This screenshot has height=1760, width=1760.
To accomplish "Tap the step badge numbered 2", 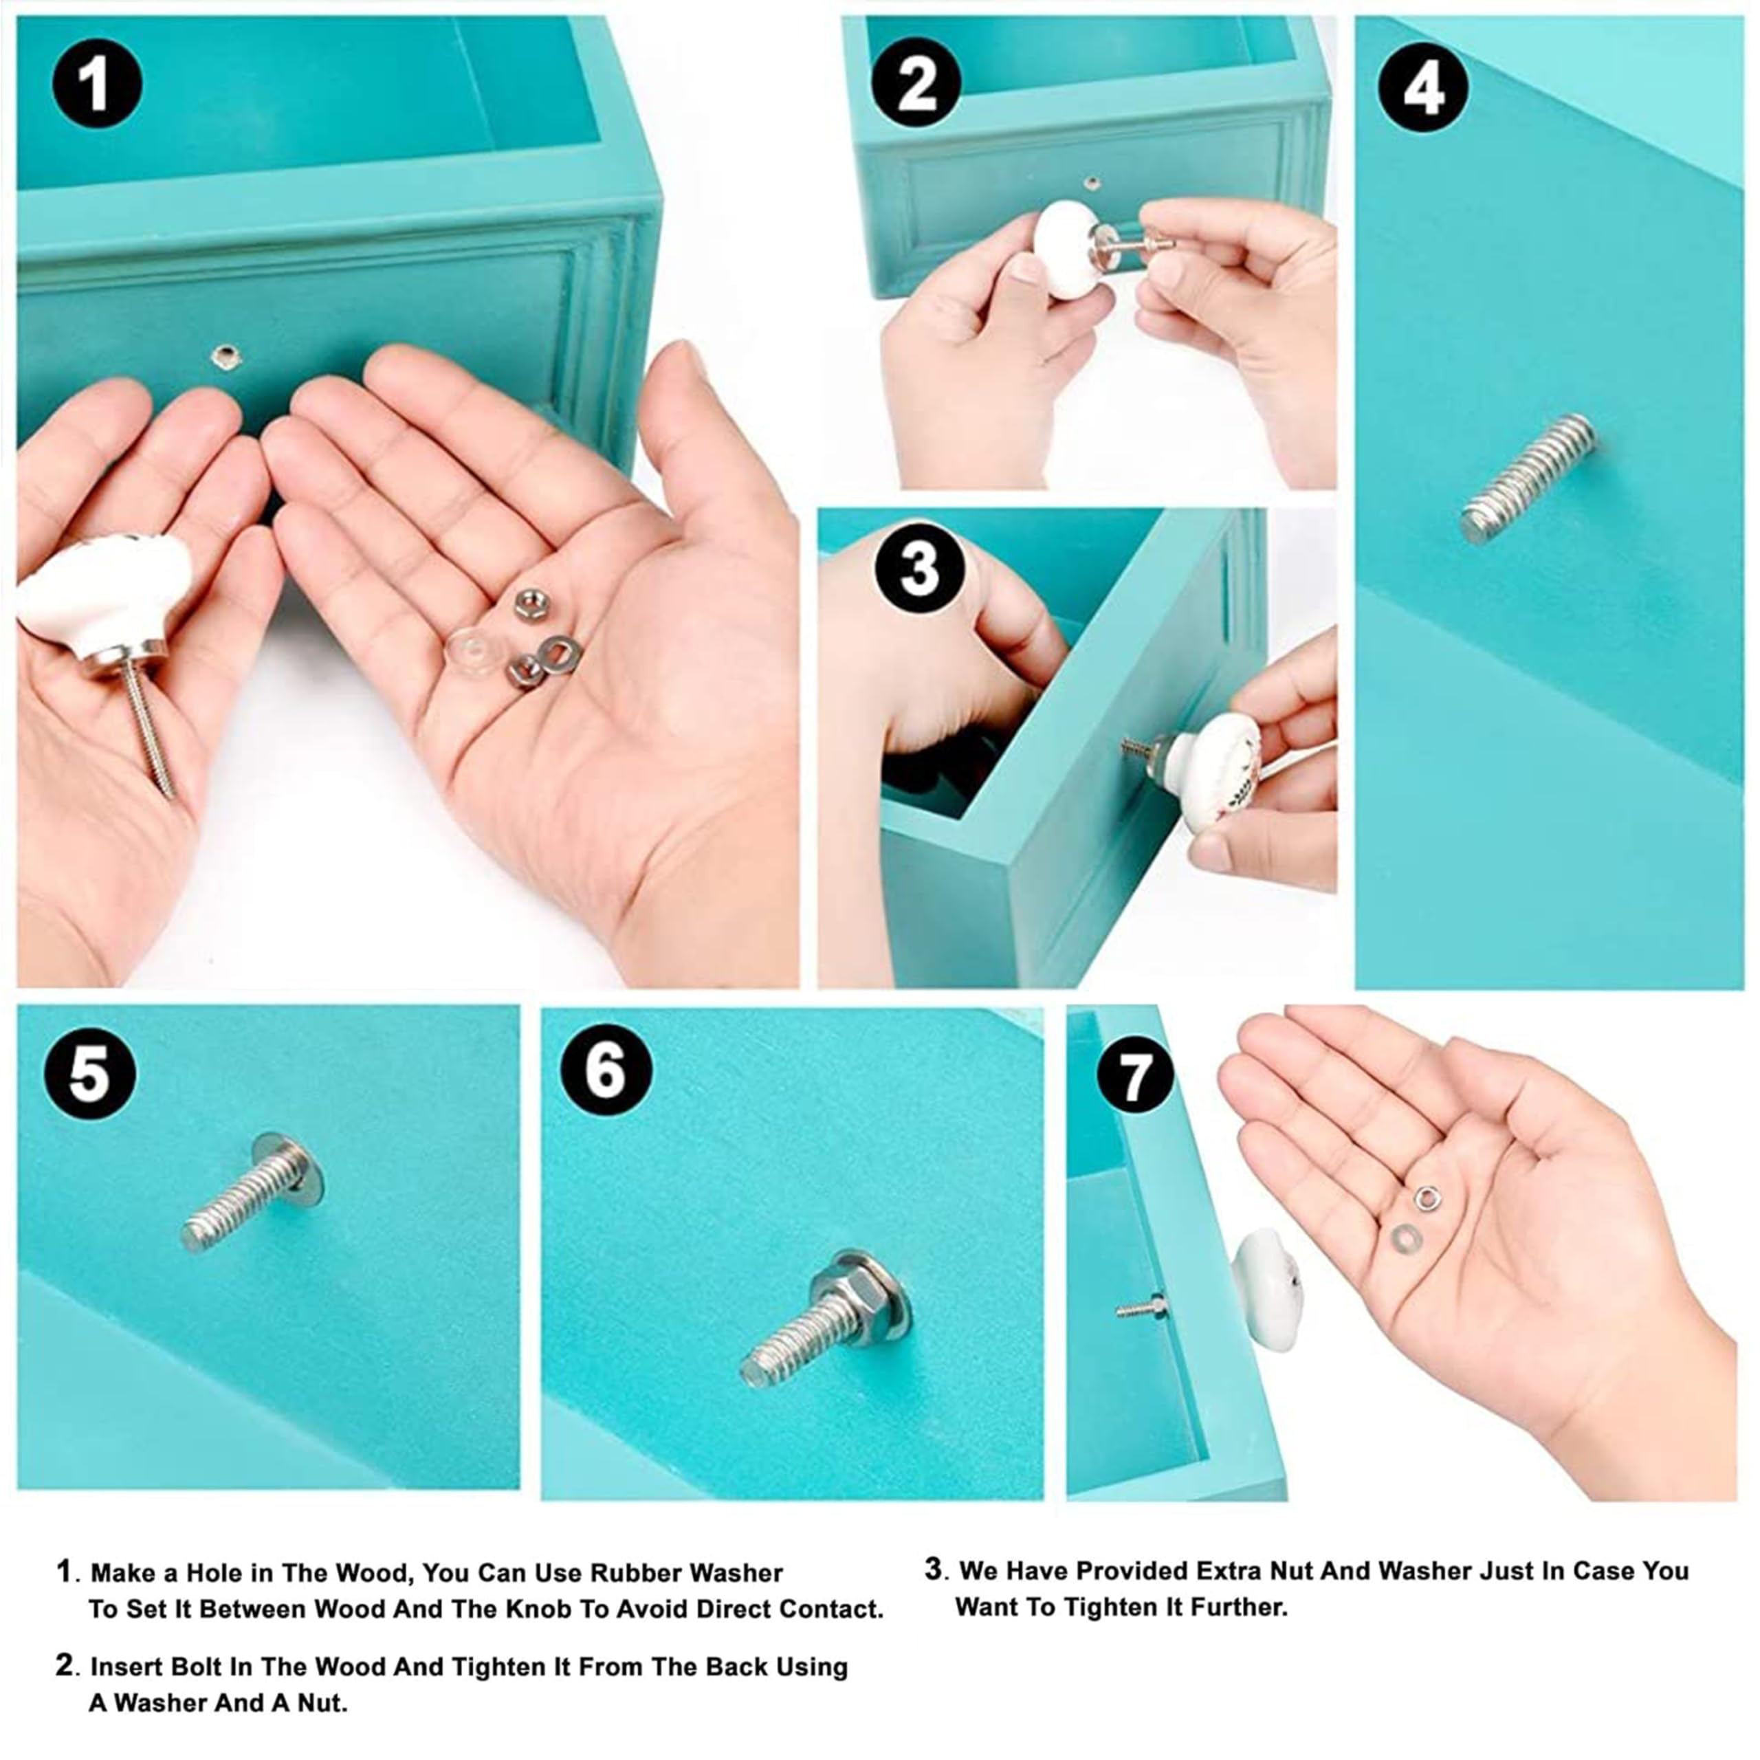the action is pyautogui.click(x=916, y=84).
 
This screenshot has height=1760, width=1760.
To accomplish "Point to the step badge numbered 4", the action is pyautogui.click(x=1422, y=89).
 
